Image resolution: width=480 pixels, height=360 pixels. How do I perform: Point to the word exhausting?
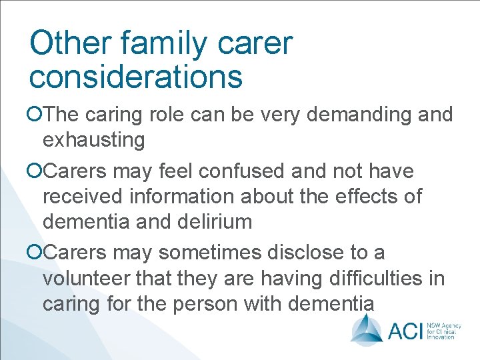coord(93,140)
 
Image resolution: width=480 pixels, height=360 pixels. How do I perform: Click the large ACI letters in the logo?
coord(405,329)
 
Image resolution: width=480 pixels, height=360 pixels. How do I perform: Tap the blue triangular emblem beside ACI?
coord(367,328)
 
